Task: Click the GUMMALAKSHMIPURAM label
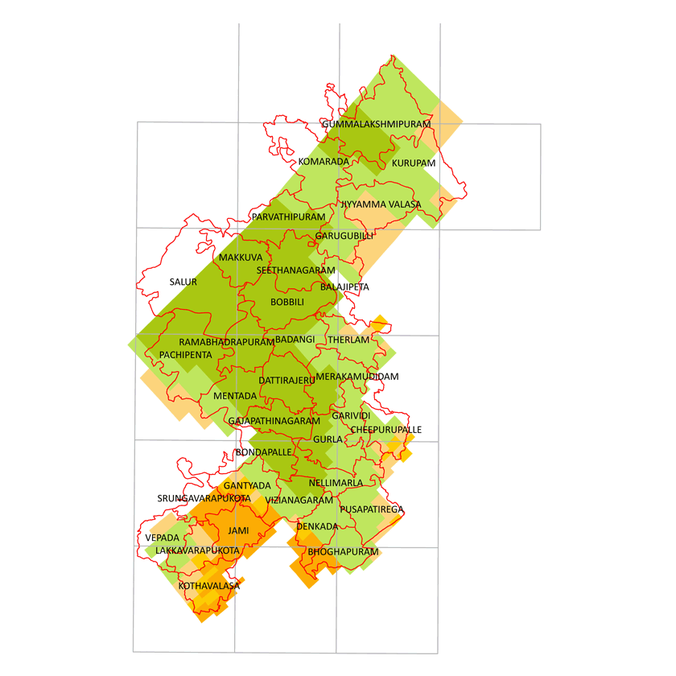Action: (x=377, y=125)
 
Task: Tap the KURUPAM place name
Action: (x=414, y=163)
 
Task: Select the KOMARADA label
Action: (x=324, y=162)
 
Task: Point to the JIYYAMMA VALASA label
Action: (x=380, y=204)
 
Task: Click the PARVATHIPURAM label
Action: (x=288, y=217)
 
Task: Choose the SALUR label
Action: (x=183, y=282)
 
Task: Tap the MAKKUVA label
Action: (x=241, y=257)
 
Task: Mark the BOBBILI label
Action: (x=287, y=302)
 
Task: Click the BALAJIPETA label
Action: (x=344, y=286)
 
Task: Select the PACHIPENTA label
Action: (x=186, y=354)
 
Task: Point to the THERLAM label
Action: (x=348, y=340)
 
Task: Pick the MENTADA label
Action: (x=235, y=396)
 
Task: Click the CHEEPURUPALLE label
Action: (x=385, y=430)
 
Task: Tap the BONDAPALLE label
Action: (x=263, y=452)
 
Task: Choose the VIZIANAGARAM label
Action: (x=299, y=500)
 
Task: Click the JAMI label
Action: (x=238, y=531)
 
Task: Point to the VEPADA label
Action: (x=163, y=537)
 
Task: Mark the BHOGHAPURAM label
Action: (x=343, y=552)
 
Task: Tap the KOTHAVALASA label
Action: (x=209, y=586)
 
